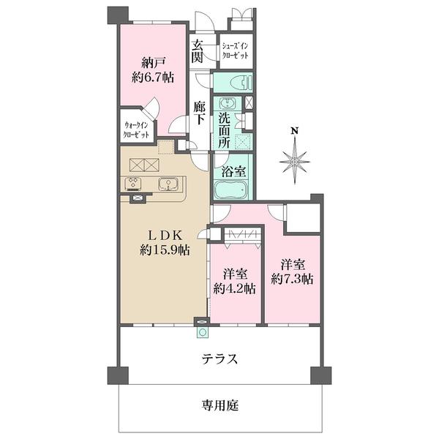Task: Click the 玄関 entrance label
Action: (x=198, y=51)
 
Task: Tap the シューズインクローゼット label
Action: (x=236, y=50)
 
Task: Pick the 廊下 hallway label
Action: (x=200, y=115)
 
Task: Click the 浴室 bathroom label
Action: (x=233, y=171)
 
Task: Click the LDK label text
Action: (x=165, y=235)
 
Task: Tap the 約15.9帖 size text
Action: (x=165, y=250)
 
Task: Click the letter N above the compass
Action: (x=295, y=132)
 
